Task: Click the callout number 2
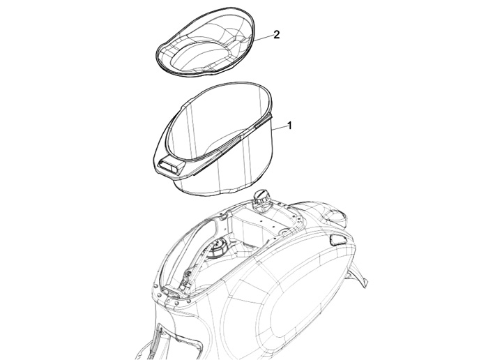[x=276, y=35]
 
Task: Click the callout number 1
[x=289, y=126]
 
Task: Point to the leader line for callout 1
[x=278, y=128]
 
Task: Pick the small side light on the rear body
[x=337, y=239]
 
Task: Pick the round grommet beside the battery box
[x=283, y=232]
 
